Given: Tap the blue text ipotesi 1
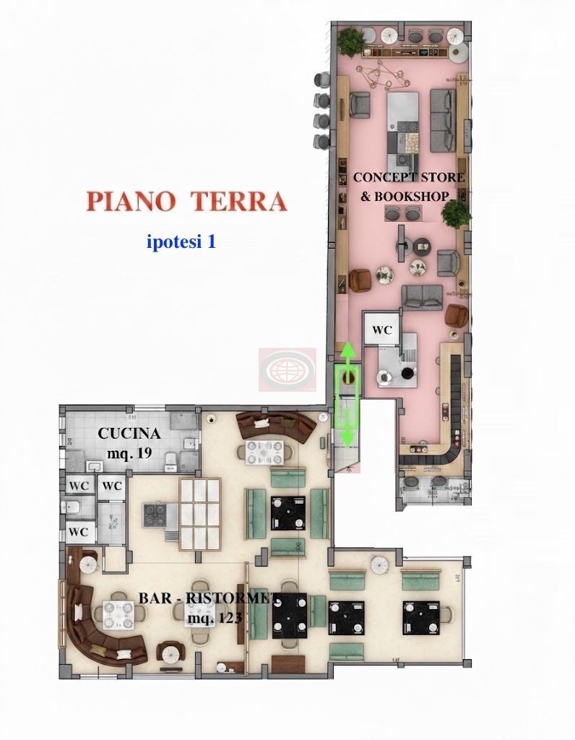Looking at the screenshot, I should click(x=181, y=241).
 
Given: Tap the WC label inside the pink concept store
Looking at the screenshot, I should click(x=381, y=330).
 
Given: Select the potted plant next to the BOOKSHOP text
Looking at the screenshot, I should click(x=456, y=212).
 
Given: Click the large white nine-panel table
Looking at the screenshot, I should click(x=199, y=515).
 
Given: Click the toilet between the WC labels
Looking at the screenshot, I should click(x=73, y=507).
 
